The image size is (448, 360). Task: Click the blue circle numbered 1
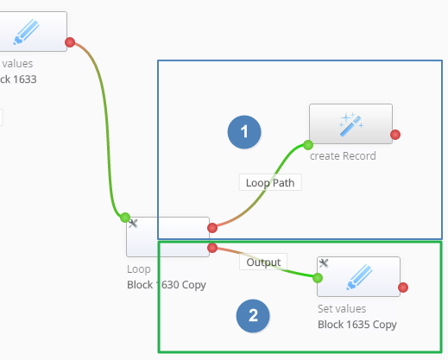tap(244, 132)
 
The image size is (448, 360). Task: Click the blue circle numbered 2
tap(253, 316)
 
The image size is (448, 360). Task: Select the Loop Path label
tap(270, 182)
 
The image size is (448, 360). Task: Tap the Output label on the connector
tap(263, 262)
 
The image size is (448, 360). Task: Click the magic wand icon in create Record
tap(351, 124)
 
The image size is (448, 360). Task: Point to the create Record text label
tap(343, 156)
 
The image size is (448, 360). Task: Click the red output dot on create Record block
tap(395, 135)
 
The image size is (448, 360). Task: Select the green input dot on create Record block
tap(308, 145)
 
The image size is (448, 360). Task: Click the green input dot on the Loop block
tap(125, 218)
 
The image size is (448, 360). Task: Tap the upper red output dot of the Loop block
tap(212, 228)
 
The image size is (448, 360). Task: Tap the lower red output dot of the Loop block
tap(212, 248)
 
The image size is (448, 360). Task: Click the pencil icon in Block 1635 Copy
tap(359, 277)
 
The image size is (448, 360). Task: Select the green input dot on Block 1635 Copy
tap(318, 278)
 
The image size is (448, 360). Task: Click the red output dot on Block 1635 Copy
tap(403, 287)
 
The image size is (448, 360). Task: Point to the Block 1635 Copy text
tap(357, 325)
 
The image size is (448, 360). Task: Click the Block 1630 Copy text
tap(167, 285)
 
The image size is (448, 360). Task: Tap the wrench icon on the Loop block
tap(133, 224)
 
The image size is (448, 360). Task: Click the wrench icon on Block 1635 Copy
tap(324, 263)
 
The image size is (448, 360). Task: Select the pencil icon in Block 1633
tap(27, 32)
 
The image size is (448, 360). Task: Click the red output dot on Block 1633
tap(70, 42)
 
